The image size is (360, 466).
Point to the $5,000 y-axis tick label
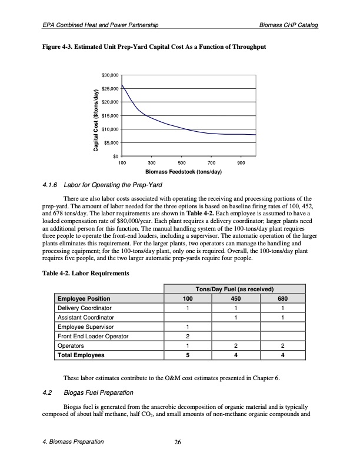(x=112, y=142)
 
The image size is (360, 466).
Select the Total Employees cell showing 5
(x=187, y=355)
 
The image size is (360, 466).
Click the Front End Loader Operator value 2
(x=187, y=337)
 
